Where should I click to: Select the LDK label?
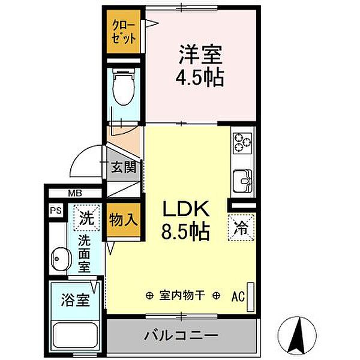pyautogui.click(x=185, y=209)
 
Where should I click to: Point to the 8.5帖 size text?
pyautogui.click(x=185, y=232)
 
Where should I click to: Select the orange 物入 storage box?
pyautogui.click(x=122, y=220)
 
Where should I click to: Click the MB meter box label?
pyautogui.click(x=74, y=193)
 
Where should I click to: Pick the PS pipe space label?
pyautogui.click(x=55, y=211)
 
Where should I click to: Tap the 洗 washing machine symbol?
pyautogui.click(x=85, y=219)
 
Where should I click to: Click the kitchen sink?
pyautogui.click(x=242, y=178)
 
